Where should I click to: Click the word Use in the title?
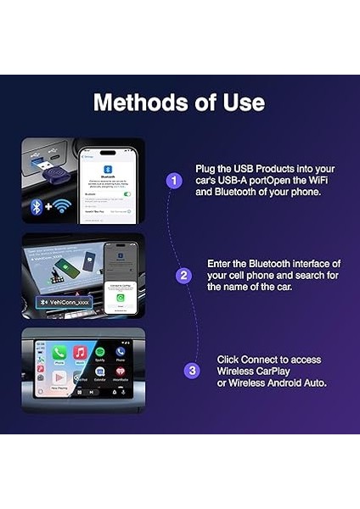click(244, 103)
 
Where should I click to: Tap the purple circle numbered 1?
click(174, 181)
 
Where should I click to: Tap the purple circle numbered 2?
click(183, 275)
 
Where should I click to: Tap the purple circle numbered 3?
click(192, 370)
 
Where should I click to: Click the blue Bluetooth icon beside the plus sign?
click(37, 207)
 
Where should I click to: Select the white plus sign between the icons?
click(48, 207)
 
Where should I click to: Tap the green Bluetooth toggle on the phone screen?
click(127, 194)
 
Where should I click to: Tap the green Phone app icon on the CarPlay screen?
click(59, 352)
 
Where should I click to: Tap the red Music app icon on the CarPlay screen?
click(80, 352)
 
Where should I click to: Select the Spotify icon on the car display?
click(100, 352)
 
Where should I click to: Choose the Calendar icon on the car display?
click(100, 372)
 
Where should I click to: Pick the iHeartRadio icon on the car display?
click(121, 372)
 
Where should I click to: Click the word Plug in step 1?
click(206, 168)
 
